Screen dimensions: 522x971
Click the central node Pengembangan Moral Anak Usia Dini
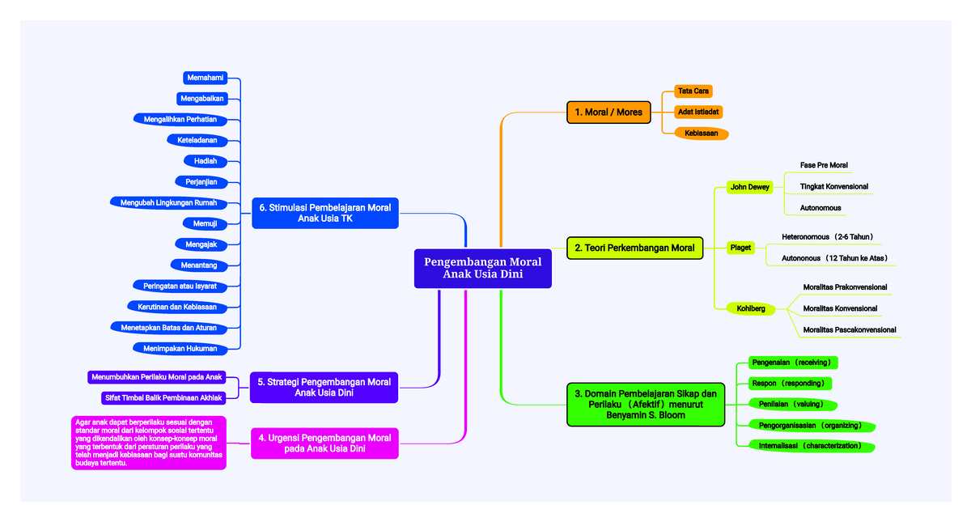pyautogui.click(x=482, y=268)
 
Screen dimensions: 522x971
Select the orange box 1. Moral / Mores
pyautogui.click(x=608, y=112)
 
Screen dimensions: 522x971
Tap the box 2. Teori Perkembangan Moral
pyautogui.click(x=634, y=248)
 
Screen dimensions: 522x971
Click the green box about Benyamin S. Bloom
pyautogui.click(x=646, y=404)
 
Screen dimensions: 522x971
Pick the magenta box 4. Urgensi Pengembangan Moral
pyautogui.click(x=324, y=443)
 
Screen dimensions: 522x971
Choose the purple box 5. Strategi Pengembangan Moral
pyautogui.click(x=324, y=387)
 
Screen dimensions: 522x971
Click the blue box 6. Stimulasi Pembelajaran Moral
pyautogui.click(x=324, y=213)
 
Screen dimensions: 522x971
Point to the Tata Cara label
pyautogui.click(x=693, y=91)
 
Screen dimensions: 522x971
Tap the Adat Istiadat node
pyautogui.click(x=699, y=112)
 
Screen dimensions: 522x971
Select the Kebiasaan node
pyautogui.click(x=701, y=133)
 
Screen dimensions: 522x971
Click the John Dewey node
pyautogui.click(x=749, y=187)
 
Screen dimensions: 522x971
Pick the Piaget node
pyautogui.click(x=740, y=248)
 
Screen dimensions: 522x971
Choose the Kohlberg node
pyautogui.click(x=750, y=308)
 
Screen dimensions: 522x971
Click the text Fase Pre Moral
pyautogui.click(x=824, y=165)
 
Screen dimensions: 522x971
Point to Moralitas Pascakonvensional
pyautogui.click(x=849, y=329)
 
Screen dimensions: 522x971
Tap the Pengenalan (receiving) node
pyautogui.click(x=791, y=362)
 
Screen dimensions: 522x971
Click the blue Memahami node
pyautogui.click(x=205, y=78)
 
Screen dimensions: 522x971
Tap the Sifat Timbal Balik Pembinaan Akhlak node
pyautogui.click(x=163, y=397)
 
